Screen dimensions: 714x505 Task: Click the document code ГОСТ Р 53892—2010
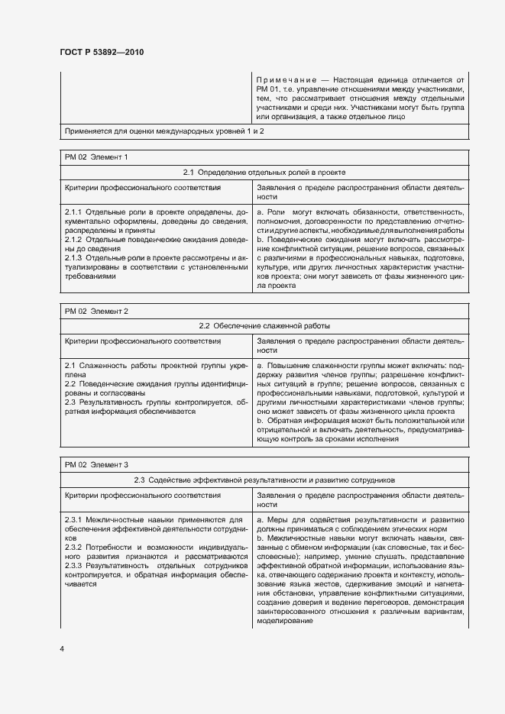(x=102, y=52)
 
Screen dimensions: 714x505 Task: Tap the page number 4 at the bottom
(x=63, y=648)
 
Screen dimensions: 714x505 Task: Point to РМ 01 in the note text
(x=267, y=89)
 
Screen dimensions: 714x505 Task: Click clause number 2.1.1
(x=73, y=211)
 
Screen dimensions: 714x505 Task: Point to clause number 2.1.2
(x=73, y=239)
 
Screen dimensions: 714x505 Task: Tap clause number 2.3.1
(x=73, y=520)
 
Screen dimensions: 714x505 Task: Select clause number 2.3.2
(x=73, y=548)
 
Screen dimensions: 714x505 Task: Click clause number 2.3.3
(x=73, y=567)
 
